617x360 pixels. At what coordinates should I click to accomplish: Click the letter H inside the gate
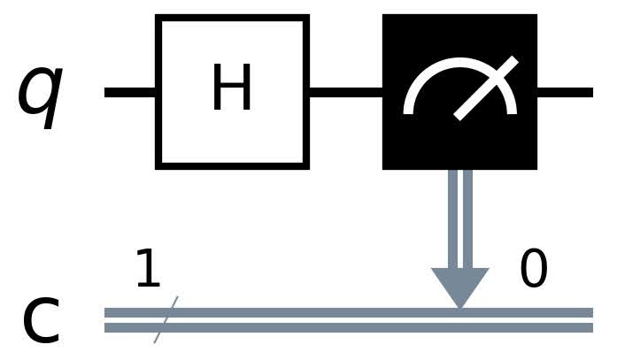pyautogui.click(x=231, y=90)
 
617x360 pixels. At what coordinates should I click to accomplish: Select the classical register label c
pyautogui.click(x=41, y=323)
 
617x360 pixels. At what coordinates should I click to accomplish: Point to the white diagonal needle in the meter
pyautogui.click(x=485, y=88)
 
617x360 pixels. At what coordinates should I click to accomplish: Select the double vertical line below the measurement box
pyautogui.click(x=459, y=217)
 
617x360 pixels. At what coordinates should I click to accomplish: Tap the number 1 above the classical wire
pyautogui.click(x=148, y=270)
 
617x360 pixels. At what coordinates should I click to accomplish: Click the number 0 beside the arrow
pyautogui.click(x=533, y=270)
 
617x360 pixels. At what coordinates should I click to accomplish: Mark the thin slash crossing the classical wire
pyautogui.click(x=166, y=319)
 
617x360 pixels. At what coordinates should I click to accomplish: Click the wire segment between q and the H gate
pyautogui.click(x=130, y=92)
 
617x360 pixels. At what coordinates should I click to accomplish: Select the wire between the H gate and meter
pyautogui.click(x=344, y=92)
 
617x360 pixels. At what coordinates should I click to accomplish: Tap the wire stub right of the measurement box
pyautogui.click(x=565, y=92)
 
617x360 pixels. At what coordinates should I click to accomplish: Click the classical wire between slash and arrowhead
pyautogui.click(x=310, y=320)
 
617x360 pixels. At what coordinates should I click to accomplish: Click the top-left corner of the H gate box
pyautogui.click(x=158, y=18)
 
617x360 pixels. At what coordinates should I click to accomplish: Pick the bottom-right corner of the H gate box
pyautogui.click(x=305, y=165)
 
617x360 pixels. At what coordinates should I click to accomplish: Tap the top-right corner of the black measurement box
pyautogui.click(x=536, y=16)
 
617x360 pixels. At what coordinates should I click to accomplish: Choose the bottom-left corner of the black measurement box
pyautogui.click(x=384, y=167)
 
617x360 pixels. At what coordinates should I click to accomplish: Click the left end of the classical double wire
pyautogui.click(x=106, y=320)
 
